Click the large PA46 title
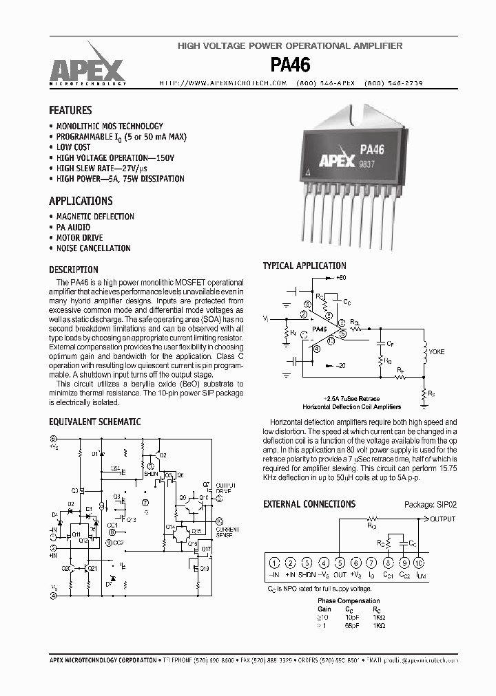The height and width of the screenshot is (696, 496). point(290,65)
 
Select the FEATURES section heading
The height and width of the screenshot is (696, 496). point(70,110)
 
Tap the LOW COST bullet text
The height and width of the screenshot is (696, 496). point(73,147)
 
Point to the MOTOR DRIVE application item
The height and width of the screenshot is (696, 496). point(83,237)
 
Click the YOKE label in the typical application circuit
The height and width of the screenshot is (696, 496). point(436,351)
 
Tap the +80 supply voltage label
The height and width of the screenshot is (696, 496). point(341,277)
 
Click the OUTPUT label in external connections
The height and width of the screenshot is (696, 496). point(442,519)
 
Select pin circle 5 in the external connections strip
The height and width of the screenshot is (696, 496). point(340,563)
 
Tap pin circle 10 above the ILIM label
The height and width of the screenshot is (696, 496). point(420,563)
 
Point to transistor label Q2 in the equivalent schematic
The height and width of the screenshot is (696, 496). point(161,455)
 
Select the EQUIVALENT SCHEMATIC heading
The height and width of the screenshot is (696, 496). point(95,422)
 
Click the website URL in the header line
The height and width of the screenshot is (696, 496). point(223,83)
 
